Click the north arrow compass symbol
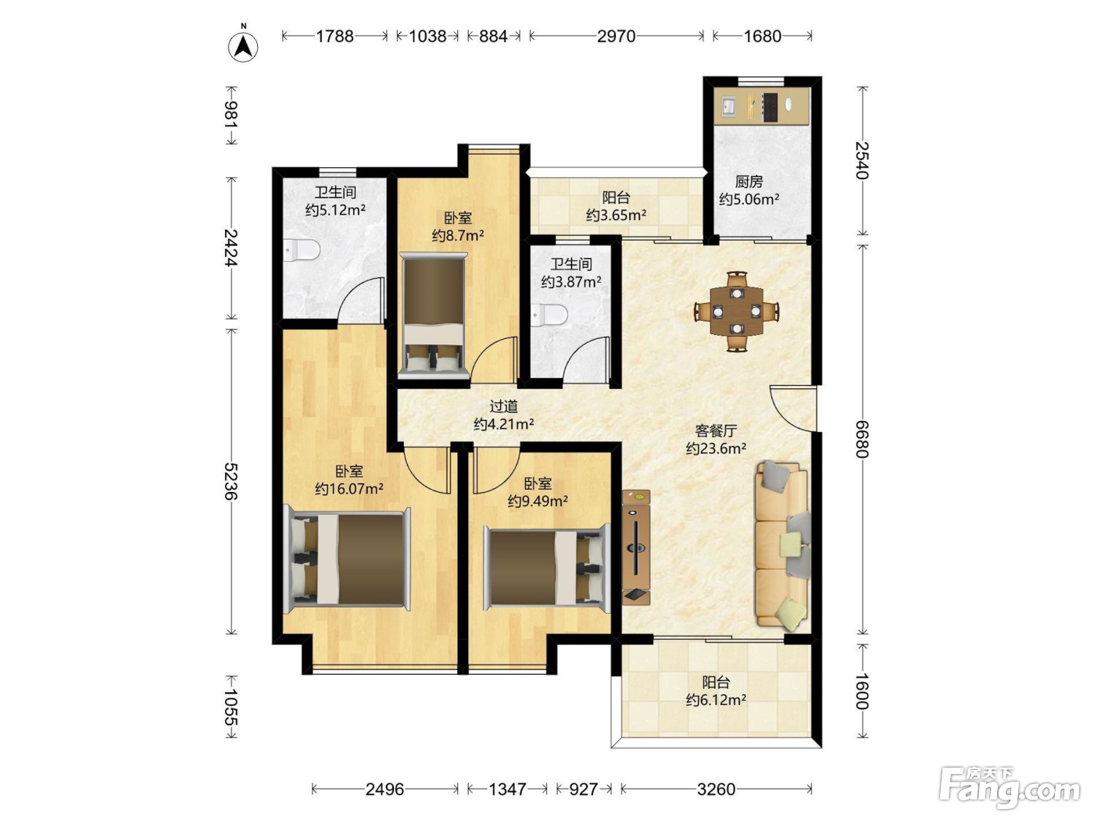[x=243, y=45]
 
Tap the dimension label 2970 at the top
[x=616, y=37]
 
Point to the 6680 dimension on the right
[x=862, y=439]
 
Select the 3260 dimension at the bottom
[x=716, y=789]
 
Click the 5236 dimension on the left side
[x=231, y=481]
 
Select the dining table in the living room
[x=737, y=311]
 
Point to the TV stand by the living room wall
[x=636, y=547]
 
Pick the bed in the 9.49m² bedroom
[x=547, y=568]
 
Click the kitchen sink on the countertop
[x=728, y=107]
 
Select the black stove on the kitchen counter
[x=770, y=108]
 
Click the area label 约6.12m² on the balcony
[x=716, y=700]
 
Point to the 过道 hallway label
[x=503, y=406]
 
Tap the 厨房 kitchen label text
[x=749, y=182]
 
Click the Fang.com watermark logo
[x=1010, y=789]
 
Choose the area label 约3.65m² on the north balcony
[x=616, y=215]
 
